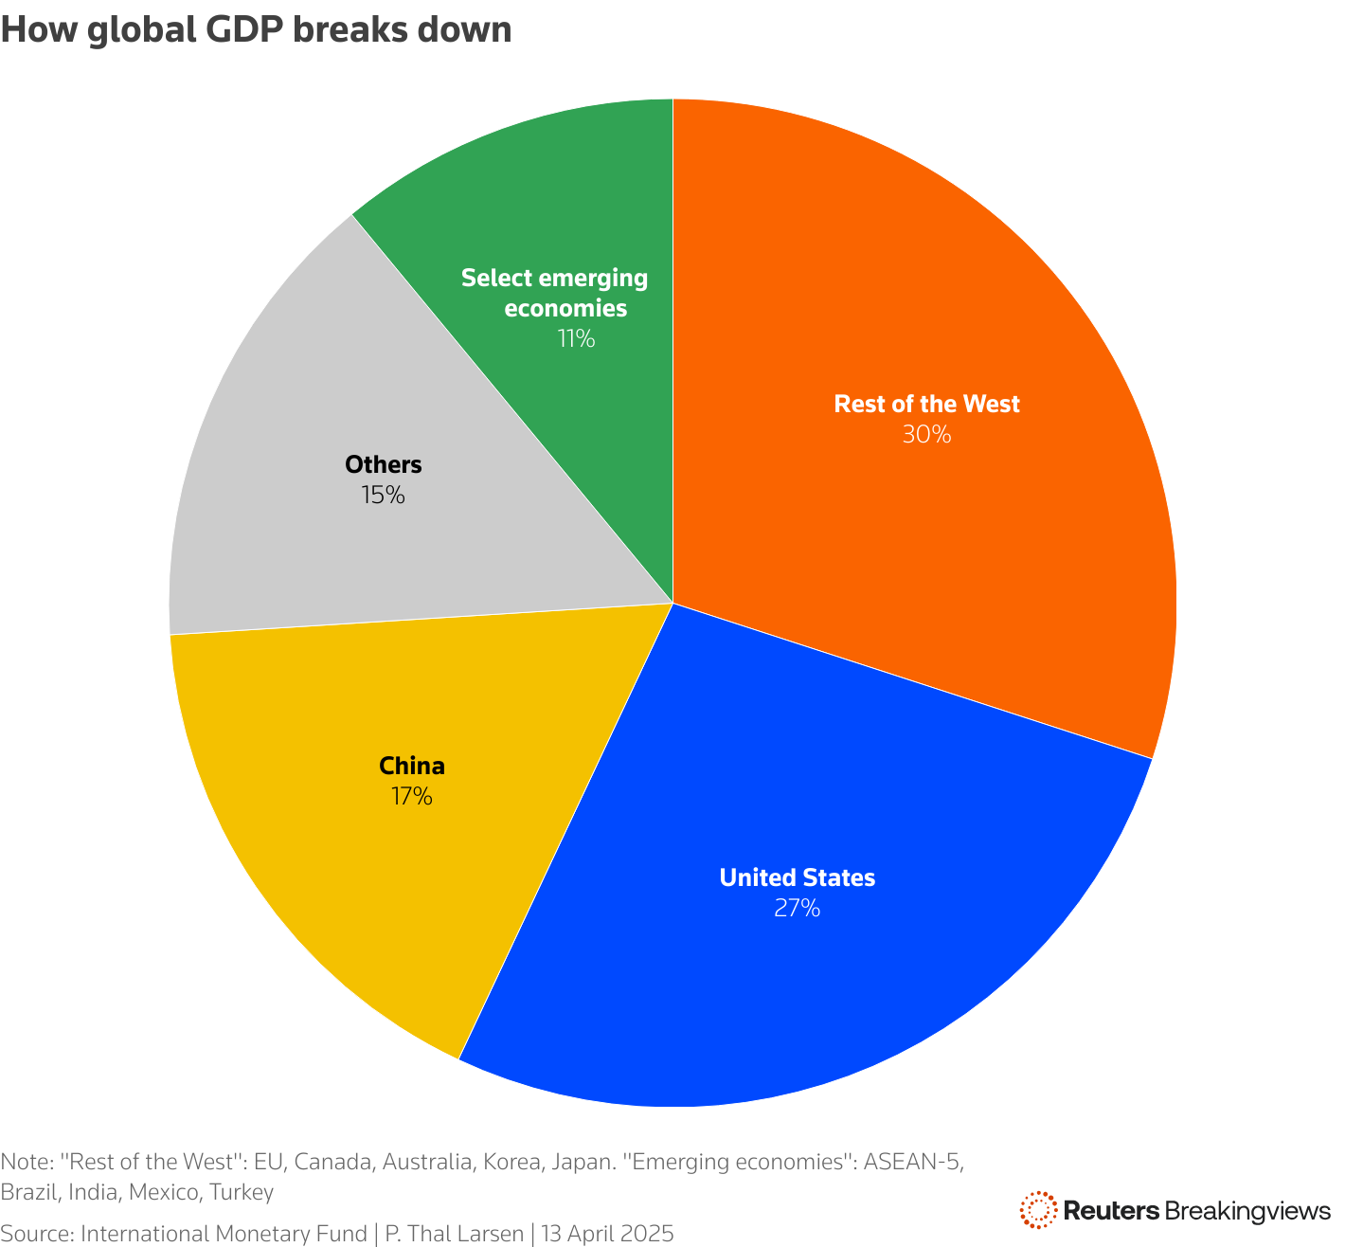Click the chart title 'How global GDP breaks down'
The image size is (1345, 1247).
pyautogui.click(x=257, y=30)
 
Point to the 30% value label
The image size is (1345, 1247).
pyautogui.click(x=926, y=435)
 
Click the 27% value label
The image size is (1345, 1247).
pyautogui.click(x=797, y=909)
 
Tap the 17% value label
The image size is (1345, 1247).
pyautogui.click(x=412, y=797)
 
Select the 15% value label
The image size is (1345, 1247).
pyautogui.click(x=383, y=495)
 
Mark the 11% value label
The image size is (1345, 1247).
pyautogui.click(x=576, y=338)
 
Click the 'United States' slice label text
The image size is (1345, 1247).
pyautogui.click(x=798, y=878)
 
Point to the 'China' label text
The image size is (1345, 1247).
pyautogui.click(x=412, y=766)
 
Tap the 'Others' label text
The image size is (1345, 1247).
pyautogui.click(x=383, y=464)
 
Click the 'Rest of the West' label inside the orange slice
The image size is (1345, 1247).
pyautogui.click(x=926, y=405)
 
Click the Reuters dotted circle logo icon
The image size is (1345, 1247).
pyautogui.click(x=1038, y=1210)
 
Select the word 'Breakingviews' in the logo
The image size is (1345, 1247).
pyautogui.click(x=1247, y=1210)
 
